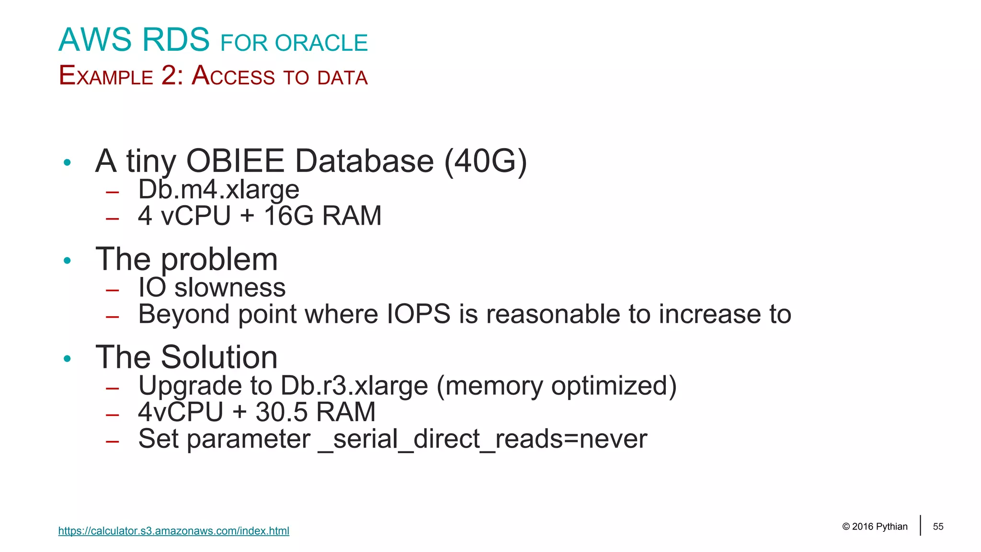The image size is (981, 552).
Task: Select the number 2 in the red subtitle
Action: click(x=169, y=76)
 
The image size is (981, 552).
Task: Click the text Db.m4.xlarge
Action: click(x=218, y=189)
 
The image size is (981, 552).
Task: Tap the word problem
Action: click(x=219, y=260)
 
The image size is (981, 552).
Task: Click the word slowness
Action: click(x=230, y=287)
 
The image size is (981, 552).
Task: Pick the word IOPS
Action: click(x=418, y=314)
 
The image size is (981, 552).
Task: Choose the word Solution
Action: click(x=219, y=357)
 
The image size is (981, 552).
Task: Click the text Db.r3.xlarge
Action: click(x=354, y=386)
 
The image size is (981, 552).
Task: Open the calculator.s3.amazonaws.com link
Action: click(x=173, y=531)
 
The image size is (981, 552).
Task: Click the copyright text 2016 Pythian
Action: click(x=879, y=527)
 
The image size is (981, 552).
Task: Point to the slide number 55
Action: click(x=938, y=527)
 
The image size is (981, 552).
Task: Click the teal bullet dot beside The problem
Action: click(x=67, y=261)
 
